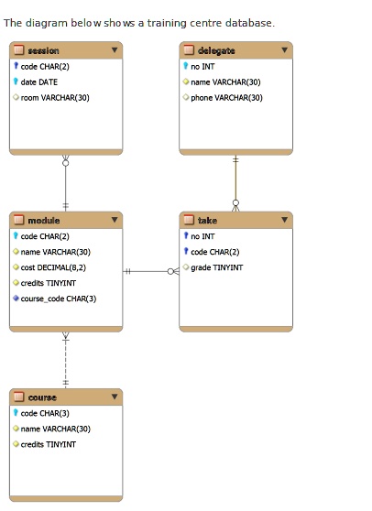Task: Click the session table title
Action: pos(43,50)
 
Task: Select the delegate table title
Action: pos(215,50)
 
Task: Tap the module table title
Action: pos(43,221)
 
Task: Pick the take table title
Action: pos(207,221)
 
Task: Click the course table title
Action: pos(42,397)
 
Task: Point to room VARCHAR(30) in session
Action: pos(55,97)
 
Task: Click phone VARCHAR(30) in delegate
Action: pos(225,97)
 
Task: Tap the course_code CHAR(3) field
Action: pos(58,298)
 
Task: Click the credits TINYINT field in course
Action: pos(48,444)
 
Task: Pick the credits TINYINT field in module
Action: pos(48,283)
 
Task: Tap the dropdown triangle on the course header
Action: pos(115,397)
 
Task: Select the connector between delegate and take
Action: pos(235,183)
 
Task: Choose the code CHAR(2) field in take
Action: pos(214,252)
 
